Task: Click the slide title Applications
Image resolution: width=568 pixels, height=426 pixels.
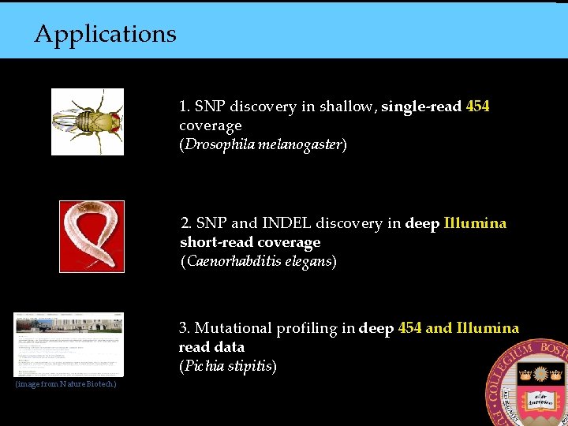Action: (105, 34)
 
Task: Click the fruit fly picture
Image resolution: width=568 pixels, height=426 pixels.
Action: (88, 121)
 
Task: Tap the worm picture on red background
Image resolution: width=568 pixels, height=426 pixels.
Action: (92, 237)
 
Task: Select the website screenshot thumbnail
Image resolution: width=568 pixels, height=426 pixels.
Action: (69, 345)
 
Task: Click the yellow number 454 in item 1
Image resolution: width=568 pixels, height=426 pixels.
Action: (477, 106)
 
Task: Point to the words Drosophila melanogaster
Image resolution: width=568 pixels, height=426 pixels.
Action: (263, 145)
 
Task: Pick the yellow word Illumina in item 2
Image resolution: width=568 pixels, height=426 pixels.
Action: (475, 223)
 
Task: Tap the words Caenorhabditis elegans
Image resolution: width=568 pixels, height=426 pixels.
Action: (258, 261)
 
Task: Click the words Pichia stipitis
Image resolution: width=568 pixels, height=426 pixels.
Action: (227, 366)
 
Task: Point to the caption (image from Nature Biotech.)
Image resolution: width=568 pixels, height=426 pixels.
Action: (65, 384)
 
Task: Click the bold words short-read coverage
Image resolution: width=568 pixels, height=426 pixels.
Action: (250, 242)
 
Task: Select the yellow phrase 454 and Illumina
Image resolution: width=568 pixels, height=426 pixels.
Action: (458, 328)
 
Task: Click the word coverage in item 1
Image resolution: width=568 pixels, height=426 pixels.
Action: (210, 125)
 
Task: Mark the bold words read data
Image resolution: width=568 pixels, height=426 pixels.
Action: (211, 347)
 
